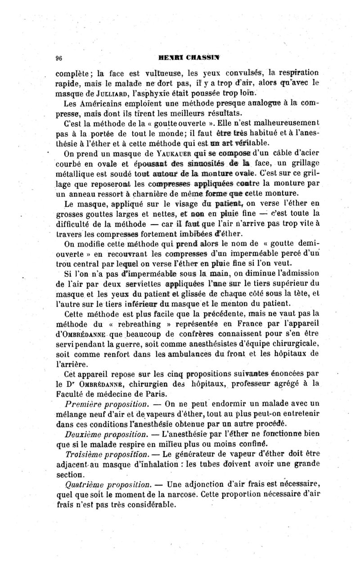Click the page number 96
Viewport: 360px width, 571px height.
coord(58,57)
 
